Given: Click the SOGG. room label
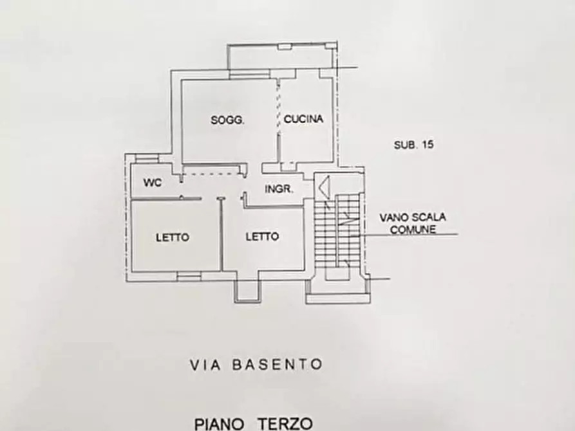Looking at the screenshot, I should pos(227,120).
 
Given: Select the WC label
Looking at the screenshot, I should pos(152,183).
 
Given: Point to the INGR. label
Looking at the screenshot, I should pos(279,189).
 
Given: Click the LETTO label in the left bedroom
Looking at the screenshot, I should pos(173,237).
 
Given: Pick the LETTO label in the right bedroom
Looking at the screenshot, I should pos(262,237).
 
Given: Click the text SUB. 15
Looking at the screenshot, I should pos(413,145).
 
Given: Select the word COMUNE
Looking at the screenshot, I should pos(416,228).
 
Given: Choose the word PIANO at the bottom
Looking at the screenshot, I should pos(220,423).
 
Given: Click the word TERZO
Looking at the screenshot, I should pos(287,423).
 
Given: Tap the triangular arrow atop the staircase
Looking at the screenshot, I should pos(324,187).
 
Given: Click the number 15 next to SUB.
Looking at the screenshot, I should pos(428,145).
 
